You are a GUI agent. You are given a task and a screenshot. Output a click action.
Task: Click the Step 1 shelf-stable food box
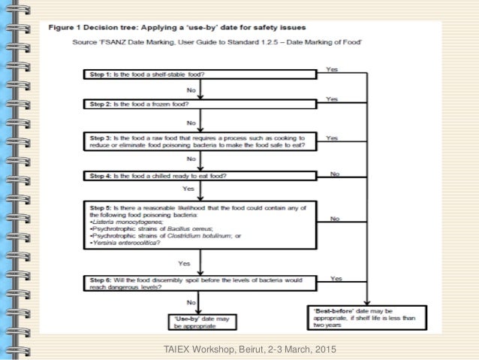(200, 74)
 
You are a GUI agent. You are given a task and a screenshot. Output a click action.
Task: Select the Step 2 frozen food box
(200, 105)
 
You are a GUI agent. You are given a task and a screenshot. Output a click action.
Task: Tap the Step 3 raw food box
(200, 143)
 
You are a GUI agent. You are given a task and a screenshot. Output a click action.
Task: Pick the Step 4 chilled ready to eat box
(200, 176)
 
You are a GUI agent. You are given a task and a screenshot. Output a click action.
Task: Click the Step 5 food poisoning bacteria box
(200, 225)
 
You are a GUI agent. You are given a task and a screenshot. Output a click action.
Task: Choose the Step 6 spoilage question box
(200, 283)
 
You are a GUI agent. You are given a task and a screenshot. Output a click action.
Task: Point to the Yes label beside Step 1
(333, 68)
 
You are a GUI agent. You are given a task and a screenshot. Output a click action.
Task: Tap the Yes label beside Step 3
(333, 138)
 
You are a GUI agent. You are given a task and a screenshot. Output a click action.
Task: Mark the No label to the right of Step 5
(335, 219)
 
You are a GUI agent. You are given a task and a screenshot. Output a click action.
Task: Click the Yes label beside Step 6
(336, 278)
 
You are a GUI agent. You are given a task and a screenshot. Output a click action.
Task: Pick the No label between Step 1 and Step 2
(191, 89)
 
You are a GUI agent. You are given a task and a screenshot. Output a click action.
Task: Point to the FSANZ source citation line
(218, 42)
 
